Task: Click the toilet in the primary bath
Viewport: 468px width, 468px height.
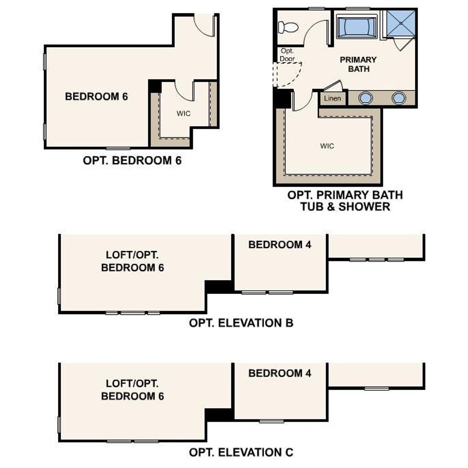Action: (288, 27)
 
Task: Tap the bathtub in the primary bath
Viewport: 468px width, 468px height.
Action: (356, 27)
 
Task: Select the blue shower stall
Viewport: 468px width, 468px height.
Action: (400, 24)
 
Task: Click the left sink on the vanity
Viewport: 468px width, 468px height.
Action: (365, 98)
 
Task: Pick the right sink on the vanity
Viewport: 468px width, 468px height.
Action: (399, 98)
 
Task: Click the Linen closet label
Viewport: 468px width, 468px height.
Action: (332, 98)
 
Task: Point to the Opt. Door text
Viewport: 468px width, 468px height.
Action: (287, 55)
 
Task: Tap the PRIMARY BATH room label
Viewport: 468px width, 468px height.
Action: (358, 64)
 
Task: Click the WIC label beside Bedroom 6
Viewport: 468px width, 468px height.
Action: (183, 113)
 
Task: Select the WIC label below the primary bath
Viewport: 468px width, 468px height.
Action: (327, 146)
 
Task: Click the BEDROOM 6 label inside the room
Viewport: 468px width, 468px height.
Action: (96, 96)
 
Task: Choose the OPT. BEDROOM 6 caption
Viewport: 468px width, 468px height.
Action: (132, 160)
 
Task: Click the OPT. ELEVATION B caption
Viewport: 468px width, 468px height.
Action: (241, 323)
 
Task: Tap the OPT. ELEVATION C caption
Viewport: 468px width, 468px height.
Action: (241, 452)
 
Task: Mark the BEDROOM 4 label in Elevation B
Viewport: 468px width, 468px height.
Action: (280, 245)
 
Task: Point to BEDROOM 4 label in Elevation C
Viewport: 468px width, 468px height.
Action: (280, 373)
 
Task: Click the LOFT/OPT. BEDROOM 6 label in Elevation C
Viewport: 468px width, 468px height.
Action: (133, 390)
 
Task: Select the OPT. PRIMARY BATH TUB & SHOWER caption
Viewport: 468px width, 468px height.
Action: (345, 201)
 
